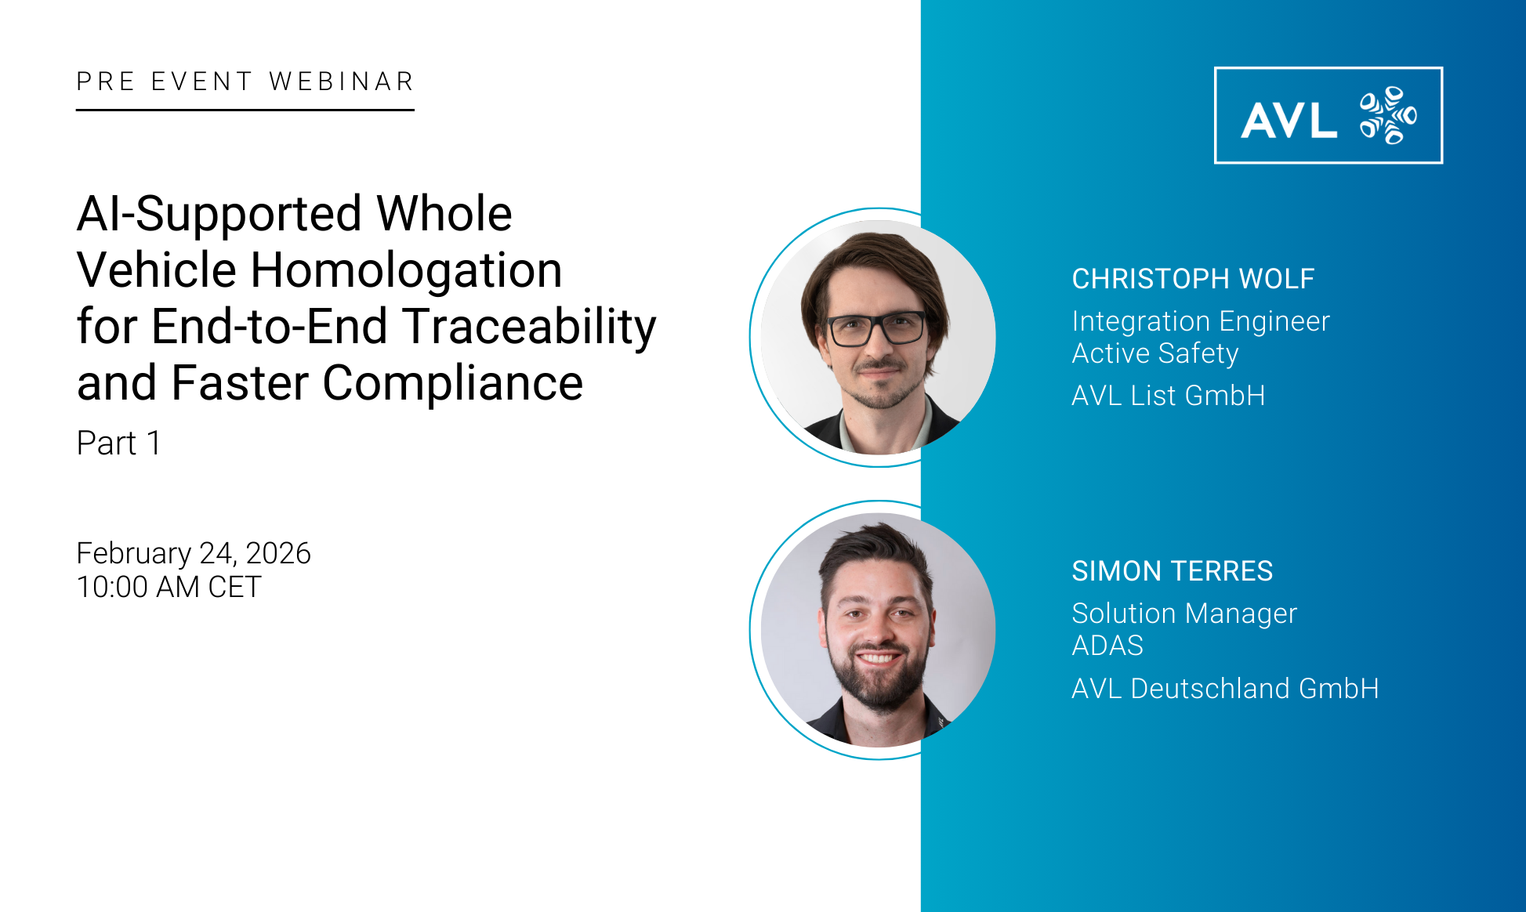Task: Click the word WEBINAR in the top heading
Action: (x=341, y=81)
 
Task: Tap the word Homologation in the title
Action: (x=406, y=270)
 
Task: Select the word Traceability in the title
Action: (x=529, y=327)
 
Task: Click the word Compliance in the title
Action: (x=453, y=383)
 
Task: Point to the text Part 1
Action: (x=119, y=443)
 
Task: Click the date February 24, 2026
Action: (x=194, y=553)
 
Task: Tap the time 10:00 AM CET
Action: (x=169, y=587)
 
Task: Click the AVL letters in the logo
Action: (x=1289, y=121)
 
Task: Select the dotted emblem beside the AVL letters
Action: (x=1388, y=116)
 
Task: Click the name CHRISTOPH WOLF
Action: (x=1193, y=279)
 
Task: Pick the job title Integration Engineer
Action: (x=1201, y=321)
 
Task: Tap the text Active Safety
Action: (x=1155, y=353)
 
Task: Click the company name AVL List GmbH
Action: (x=1169, y=396)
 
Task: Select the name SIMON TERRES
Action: (x=1173, y=571)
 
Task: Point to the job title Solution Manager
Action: (x=1184, y=613)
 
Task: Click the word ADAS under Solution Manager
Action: (x=1107, y=646)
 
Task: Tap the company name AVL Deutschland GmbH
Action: (x=1225, y=689)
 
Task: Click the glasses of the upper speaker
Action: (x=875, y=329)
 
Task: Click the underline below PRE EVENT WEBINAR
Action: (x=245, y=110)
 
